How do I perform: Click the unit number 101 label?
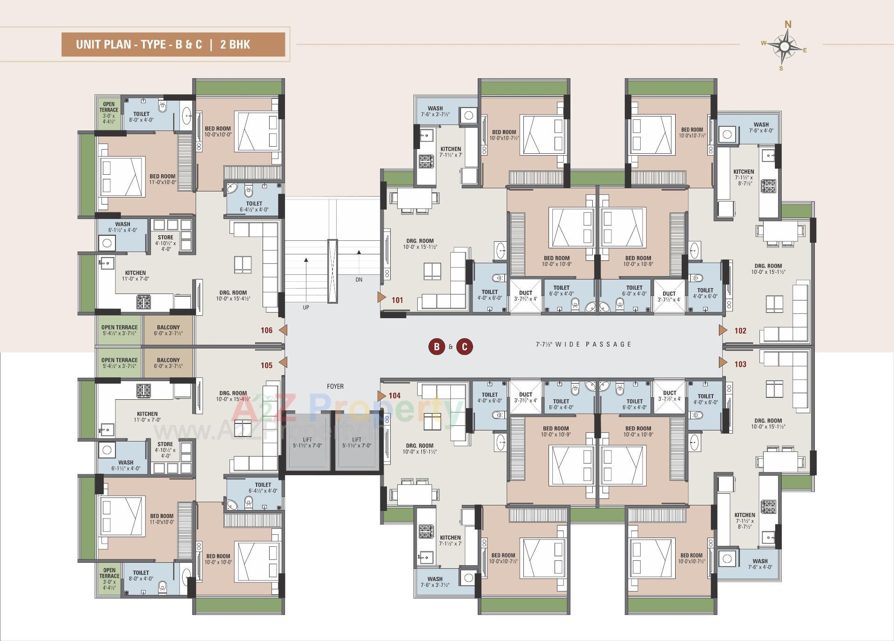pyautogui.click(x=397, y=300)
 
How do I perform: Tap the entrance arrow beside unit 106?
pyautogui.click(x=283, y=330)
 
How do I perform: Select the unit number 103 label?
pyautogui.click(x=740, y=364)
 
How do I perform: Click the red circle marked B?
pyautogui.click(x=437, y=347)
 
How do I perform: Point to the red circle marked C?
pyautogui.click(x=464, y=347)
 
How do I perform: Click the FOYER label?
pyautogui.click(x=335, y=386)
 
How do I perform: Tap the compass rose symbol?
pyautogui.click(x=785, y=46)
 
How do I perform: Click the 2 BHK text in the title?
pyautogui.click(x=235, y=45)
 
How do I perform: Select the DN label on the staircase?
pyautogui.click(x=359, y=280)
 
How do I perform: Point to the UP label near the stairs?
pyautogui.click(x=306, y=307)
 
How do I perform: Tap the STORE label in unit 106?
pyautogui.click(x=165, y=238)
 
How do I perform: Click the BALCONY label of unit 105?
pyautogui.click(x=168, y=360)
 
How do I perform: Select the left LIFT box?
pyautogui.click(x=307, y=442)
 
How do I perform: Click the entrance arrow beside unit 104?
pyautogui.click(x=381, y=396)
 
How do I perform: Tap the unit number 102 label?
pyautogui.click(x=740, y=331)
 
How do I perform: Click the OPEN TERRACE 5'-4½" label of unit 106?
pyautogui.click(x=119, y=327)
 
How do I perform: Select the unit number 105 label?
pyautogui.click(x=266, y=365)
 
